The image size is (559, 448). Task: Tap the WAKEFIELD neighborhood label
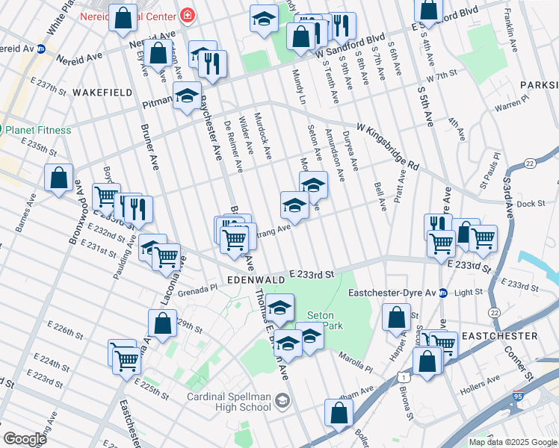coord(102,93)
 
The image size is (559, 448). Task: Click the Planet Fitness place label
coord(39,130)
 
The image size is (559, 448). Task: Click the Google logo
coord(25,439)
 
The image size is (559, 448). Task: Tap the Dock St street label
coord(531,203)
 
